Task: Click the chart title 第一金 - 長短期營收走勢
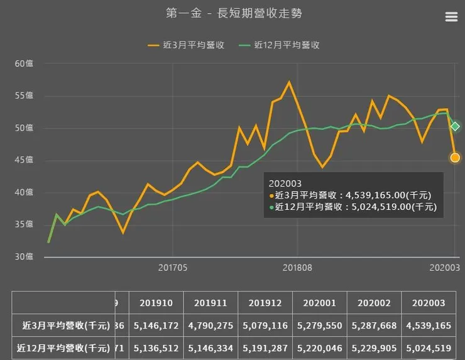click(x=229, y=13)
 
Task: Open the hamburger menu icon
click(x=451, y=17)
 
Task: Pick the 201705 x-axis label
click(x=172, y=268)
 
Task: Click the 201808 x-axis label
click(x=296, y=268)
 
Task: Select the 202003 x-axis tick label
click(x=444, y=268)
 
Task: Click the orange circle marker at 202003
click(x=455, y=158)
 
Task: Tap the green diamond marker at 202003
click(x=456, y=126)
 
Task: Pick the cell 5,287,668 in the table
click(x=375, y=326)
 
